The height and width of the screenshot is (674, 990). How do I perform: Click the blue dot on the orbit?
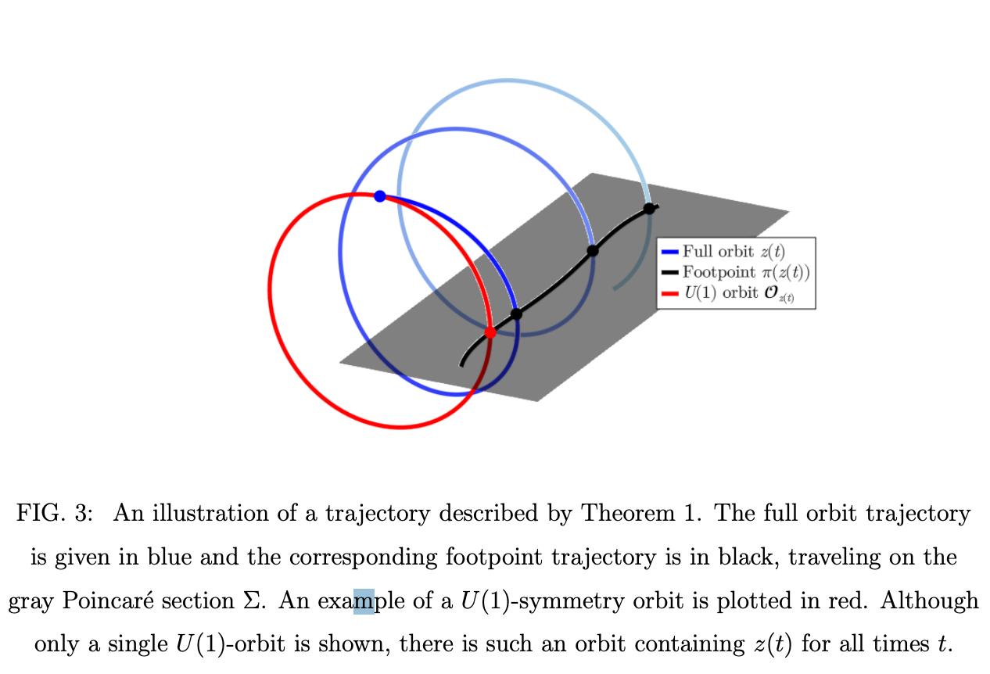(x=379, y=196)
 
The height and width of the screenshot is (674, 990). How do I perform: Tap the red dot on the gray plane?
(x=490, y=332)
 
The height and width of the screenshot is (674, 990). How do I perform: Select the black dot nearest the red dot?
(x=516, y=314)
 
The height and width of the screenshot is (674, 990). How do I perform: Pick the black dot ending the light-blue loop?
(x=649, y=208)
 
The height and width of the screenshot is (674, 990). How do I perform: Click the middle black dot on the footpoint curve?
(x=593, y=250)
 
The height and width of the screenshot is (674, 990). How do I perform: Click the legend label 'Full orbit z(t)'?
(x=734, y=252)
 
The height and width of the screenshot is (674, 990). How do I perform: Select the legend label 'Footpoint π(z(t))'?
(x=746, y=272)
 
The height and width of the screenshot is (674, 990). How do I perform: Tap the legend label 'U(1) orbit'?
(x=721, y=292)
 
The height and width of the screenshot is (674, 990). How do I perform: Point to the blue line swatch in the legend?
(x=669, y=252)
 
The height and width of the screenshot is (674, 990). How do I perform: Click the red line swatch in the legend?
(x=669, y=293)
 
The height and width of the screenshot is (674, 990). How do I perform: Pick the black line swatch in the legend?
(x=669, y=273)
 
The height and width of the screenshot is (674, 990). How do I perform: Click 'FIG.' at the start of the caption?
(x=41, y=514)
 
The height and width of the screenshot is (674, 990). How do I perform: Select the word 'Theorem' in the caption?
(x=628, y=514)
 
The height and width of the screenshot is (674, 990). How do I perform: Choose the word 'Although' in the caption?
(x=929, y=601)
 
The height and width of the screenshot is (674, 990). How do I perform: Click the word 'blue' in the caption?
(x=170, y=557)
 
